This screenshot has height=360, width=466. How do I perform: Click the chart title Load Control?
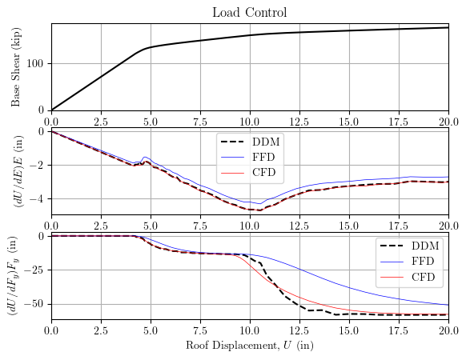pyautogui.click(x=249, y=12)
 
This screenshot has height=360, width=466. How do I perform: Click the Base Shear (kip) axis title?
pyautogui.click(x=16, y=66)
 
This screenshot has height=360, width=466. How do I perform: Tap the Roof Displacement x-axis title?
pyautogui.click(x=249, y=346)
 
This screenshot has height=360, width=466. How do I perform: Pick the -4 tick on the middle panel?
pyautogui.click(x=39, y=198)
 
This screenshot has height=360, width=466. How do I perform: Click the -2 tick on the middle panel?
pyautogui.click(x=39, y=165)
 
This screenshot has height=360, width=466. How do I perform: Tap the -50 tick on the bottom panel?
pyautogui.click(x=36, y=304)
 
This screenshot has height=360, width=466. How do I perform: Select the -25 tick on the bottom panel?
pyautogui.click(x=36, y=270)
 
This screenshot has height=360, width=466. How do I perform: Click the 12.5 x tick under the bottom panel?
pyautogui.click(x=299, y=330)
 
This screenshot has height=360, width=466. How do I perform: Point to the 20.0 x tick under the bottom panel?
pyautogui.click(x=448, y=330)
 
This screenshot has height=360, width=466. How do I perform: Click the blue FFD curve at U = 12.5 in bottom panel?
pyautogui.click(x=299, y=271)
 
